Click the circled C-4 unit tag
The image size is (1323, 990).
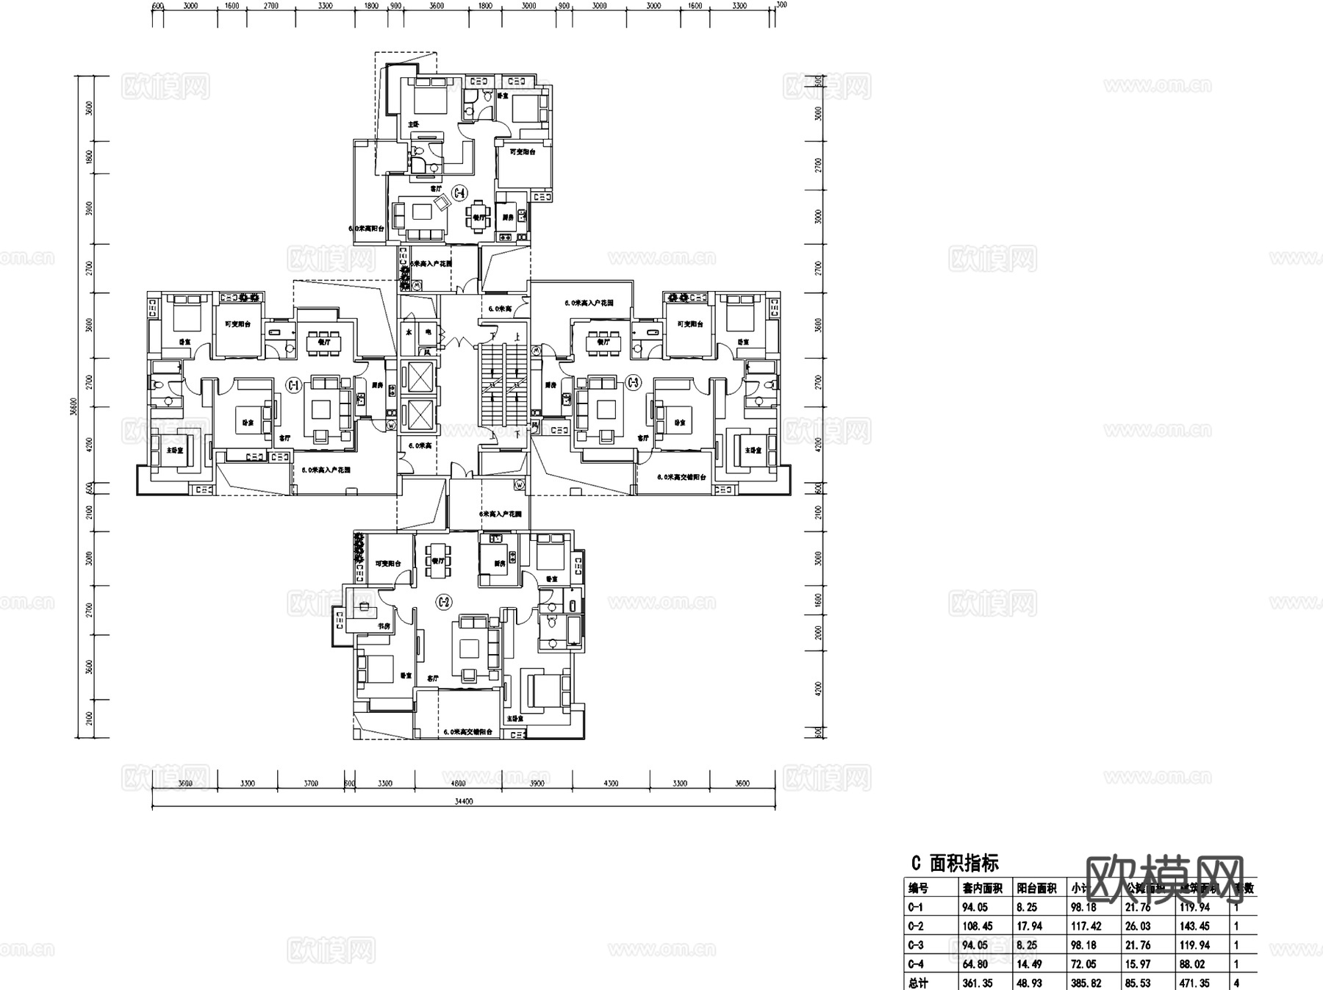(459, 193)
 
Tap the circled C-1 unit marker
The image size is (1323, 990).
(293, 384)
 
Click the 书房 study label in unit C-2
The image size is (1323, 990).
(384, 626)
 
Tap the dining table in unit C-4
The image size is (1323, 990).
(478, 213)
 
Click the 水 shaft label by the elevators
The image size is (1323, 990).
(409, 333)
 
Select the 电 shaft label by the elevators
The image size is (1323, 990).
(427, 333)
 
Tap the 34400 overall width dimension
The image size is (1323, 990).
(464, 802)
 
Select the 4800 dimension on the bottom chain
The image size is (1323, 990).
(458, 783)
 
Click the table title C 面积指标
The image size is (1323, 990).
(955, 862)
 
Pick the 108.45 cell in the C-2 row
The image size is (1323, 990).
(977, 926)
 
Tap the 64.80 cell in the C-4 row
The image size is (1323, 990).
(975, 964)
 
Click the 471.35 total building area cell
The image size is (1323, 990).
(1194, 983)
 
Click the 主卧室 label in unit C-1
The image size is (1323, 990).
(175, 450)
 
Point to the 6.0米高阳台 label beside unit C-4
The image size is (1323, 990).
(366, 229)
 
